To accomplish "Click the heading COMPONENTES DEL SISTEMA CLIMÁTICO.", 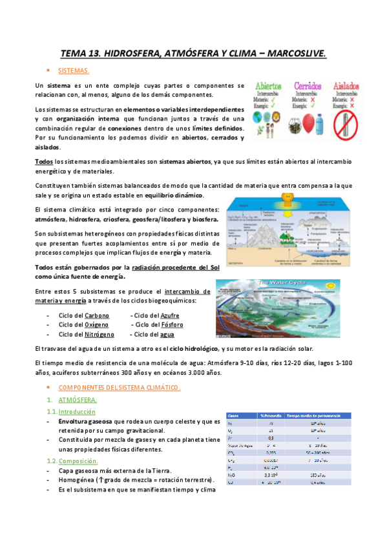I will tap(119, 388).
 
